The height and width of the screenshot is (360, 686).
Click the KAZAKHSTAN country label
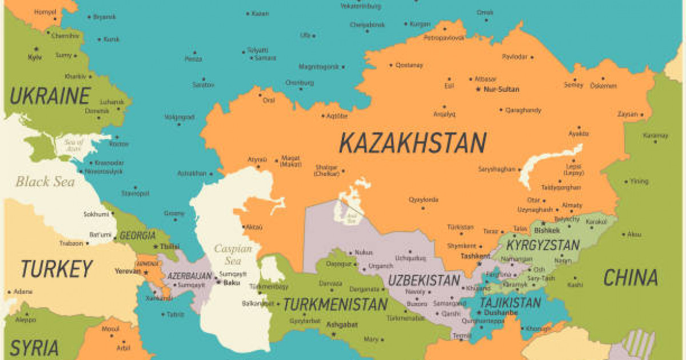pos(412,142)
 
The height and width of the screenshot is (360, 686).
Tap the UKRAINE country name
pos(50,95)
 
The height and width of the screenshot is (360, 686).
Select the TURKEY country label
pos(56,268)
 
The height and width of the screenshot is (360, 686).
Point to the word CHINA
pos(631,278)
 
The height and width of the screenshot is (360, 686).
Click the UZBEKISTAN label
pos(424,281)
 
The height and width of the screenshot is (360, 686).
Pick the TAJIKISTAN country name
pos(510,302)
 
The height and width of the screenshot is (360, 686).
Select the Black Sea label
pos(45,182)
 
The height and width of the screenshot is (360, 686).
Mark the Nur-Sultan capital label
pos(501,90)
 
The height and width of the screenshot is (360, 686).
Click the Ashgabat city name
pos(342,325)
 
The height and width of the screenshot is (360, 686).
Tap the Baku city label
pos(232,282)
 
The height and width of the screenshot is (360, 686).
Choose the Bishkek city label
pos(547,230)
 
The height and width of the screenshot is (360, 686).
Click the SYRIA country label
pos(34,347)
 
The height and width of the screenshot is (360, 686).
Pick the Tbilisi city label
pos(169,246)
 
